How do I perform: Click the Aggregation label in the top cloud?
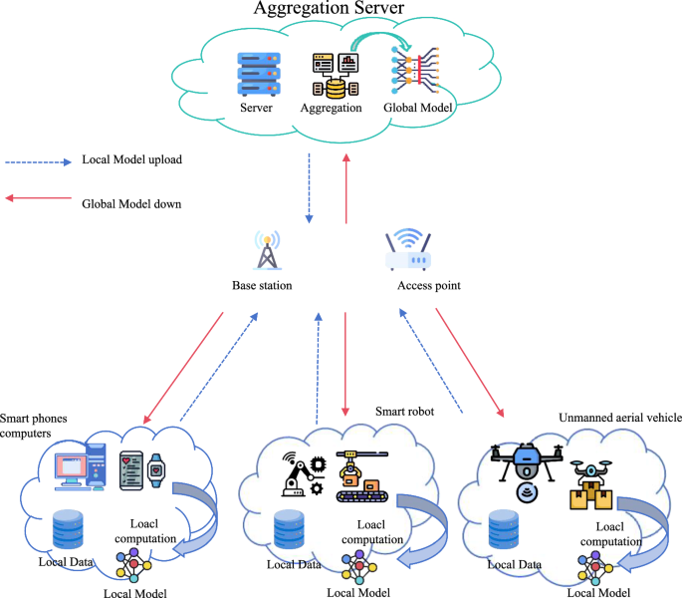(x=334, y=108)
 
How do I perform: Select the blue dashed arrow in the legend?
(x=38, y=160)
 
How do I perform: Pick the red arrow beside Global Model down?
(x=38, y=198)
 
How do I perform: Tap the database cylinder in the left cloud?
(x=68, y=529)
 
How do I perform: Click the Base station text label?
(x=262, y=286)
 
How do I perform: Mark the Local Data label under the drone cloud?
(x=515, y=565)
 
